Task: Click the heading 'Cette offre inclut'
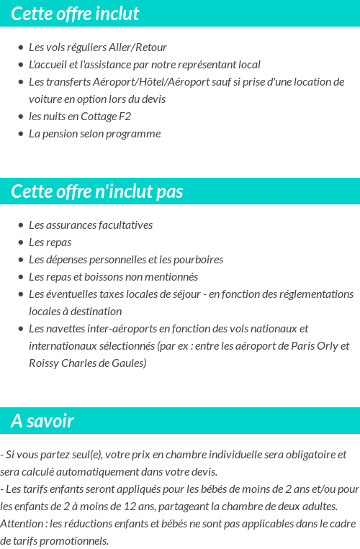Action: (x=75, y=14)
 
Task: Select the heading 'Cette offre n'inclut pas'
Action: (x=97, y=191)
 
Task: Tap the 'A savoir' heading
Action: (x=42, y=421)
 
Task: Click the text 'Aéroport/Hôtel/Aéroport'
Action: (x=143, y=82)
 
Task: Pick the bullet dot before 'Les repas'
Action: (x=21, y=242)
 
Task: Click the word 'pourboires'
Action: (x=198, y=260)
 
